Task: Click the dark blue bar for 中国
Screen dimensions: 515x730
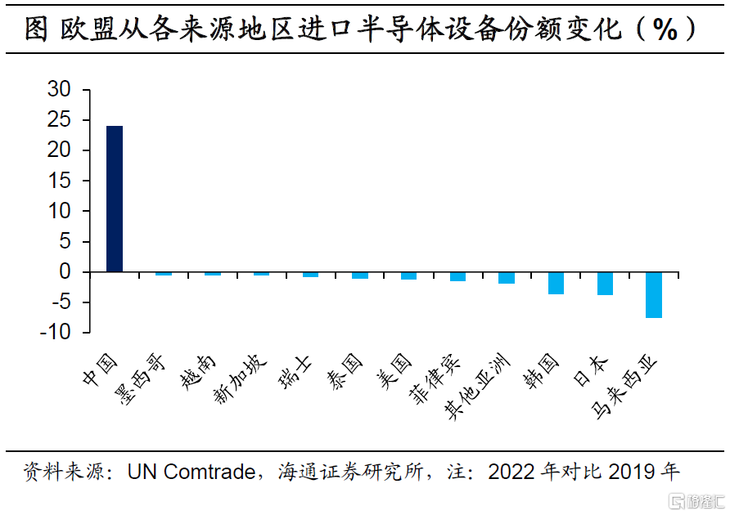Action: click(x=115, y=199)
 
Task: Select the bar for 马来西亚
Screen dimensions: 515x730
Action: click(x=654, y=294)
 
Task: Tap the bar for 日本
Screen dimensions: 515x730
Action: click(x=605, y=283)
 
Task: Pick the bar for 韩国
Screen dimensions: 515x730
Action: click(x=556, y=283)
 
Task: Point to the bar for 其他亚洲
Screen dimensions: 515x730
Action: click(x=507, y=278)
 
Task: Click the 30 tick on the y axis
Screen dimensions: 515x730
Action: click(x=59, y=90)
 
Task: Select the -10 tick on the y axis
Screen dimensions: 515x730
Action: click(x=54, y=333)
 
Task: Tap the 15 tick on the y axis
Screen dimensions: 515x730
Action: click(x=59, y=181)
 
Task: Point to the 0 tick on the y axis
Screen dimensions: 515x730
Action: click(x=65, y=272)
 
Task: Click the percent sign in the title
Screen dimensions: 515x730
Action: click(x=662, y=30)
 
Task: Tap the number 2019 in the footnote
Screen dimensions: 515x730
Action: click(x=631, y=472)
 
